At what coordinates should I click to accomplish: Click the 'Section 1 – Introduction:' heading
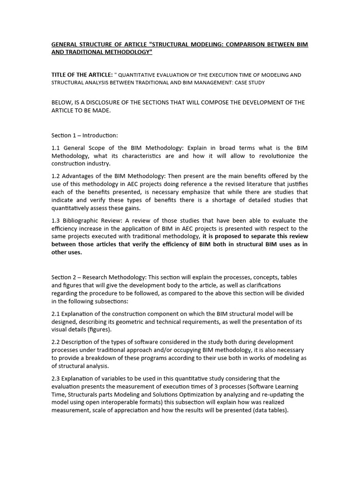(x=85, y=135)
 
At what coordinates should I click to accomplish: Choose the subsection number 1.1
(x=56, y=148)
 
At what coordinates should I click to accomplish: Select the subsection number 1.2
(x=56, y=176)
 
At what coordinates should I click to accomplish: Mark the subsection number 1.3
(x=56, y=220)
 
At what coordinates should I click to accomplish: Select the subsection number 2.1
(x=56, y=313)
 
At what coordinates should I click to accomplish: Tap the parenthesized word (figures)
(x=105, y=330)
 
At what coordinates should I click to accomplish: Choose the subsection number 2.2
(x=56, y=342)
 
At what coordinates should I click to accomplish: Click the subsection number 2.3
(x=56, y=378)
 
